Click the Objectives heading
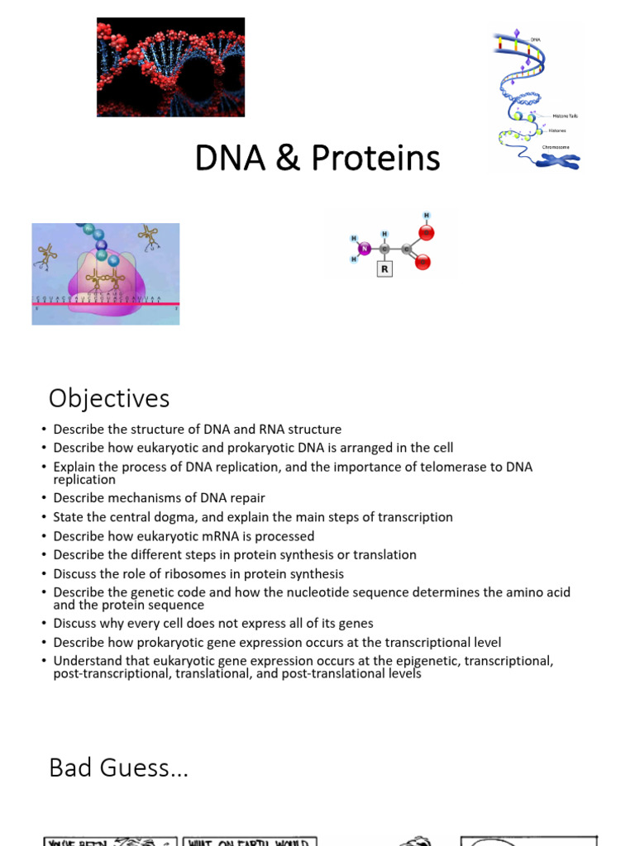109,398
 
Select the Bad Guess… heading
118,768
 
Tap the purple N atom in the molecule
364,247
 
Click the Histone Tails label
566,116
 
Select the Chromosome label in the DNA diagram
555,146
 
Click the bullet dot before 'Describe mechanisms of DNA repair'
42,498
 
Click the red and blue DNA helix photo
170,67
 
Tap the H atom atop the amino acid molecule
427,216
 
